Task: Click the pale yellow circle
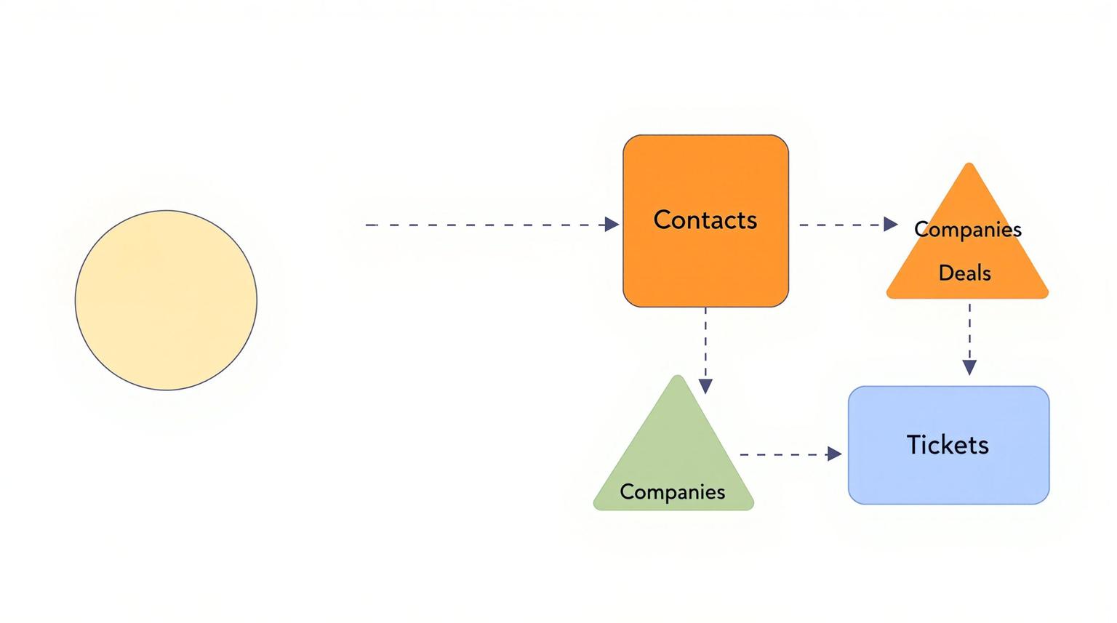(x=166, y=300)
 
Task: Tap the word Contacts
(x=705, y=220)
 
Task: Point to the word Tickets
(x=947, y=444)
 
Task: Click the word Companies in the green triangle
(x=672, y=491)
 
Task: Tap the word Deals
(x=964, y=273)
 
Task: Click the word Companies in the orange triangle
(x=967, y=229)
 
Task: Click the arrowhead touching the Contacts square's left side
(x=612, y=225)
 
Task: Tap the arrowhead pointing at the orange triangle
(x=890, y=225)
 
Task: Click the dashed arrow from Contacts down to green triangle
(x=705, y=342)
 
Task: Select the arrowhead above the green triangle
(x=705, y=385)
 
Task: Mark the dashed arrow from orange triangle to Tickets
(x=969, y=331)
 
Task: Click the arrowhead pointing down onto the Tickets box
(x=969, y=367)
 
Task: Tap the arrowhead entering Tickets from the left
(x=834, y=454)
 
